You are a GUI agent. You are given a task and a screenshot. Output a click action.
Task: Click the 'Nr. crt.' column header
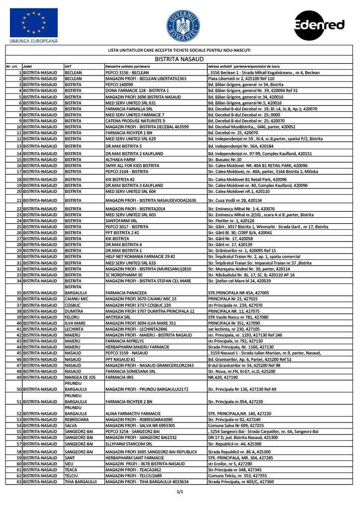click(x=12, y=66)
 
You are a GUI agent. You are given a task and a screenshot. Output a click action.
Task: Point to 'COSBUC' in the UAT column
click(x=73, y=305)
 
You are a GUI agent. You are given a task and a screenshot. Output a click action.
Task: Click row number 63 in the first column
click(x=19, y=482)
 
